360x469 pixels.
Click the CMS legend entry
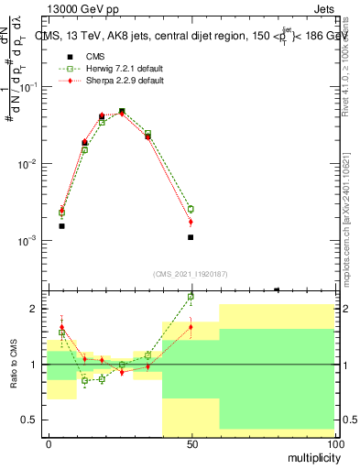pyautogui.click(x=94, y=56)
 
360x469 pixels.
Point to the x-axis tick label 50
pyautogui.click(x=191, y=443)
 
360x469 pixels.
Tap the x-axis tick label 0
pyautogui.click(x=49, y=443)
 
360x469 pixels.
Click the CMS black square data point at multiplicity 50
pyautogui.click(x=191, y=237)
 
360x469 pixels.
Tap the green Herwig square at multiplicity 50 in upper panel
pyautogui.click(x=191, y=209)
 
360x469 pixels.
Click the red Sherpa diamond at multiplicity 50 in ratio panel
pyautogui.click(x=191, y=327)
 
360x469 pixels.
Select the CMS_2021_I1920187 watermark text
pyautogui.click(x=190, y=273)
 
